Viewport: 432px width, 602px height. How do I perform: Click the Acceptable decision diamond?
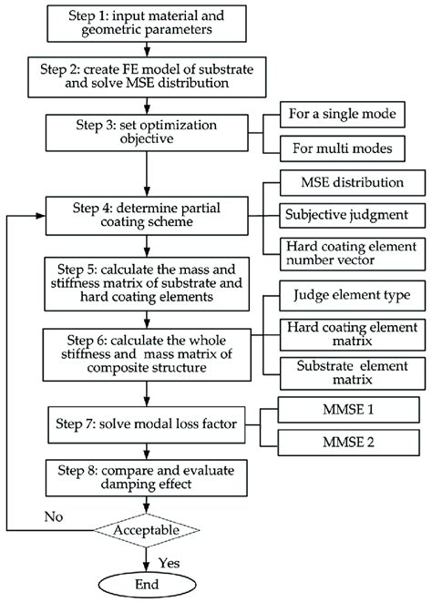(x=147, y=529)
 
